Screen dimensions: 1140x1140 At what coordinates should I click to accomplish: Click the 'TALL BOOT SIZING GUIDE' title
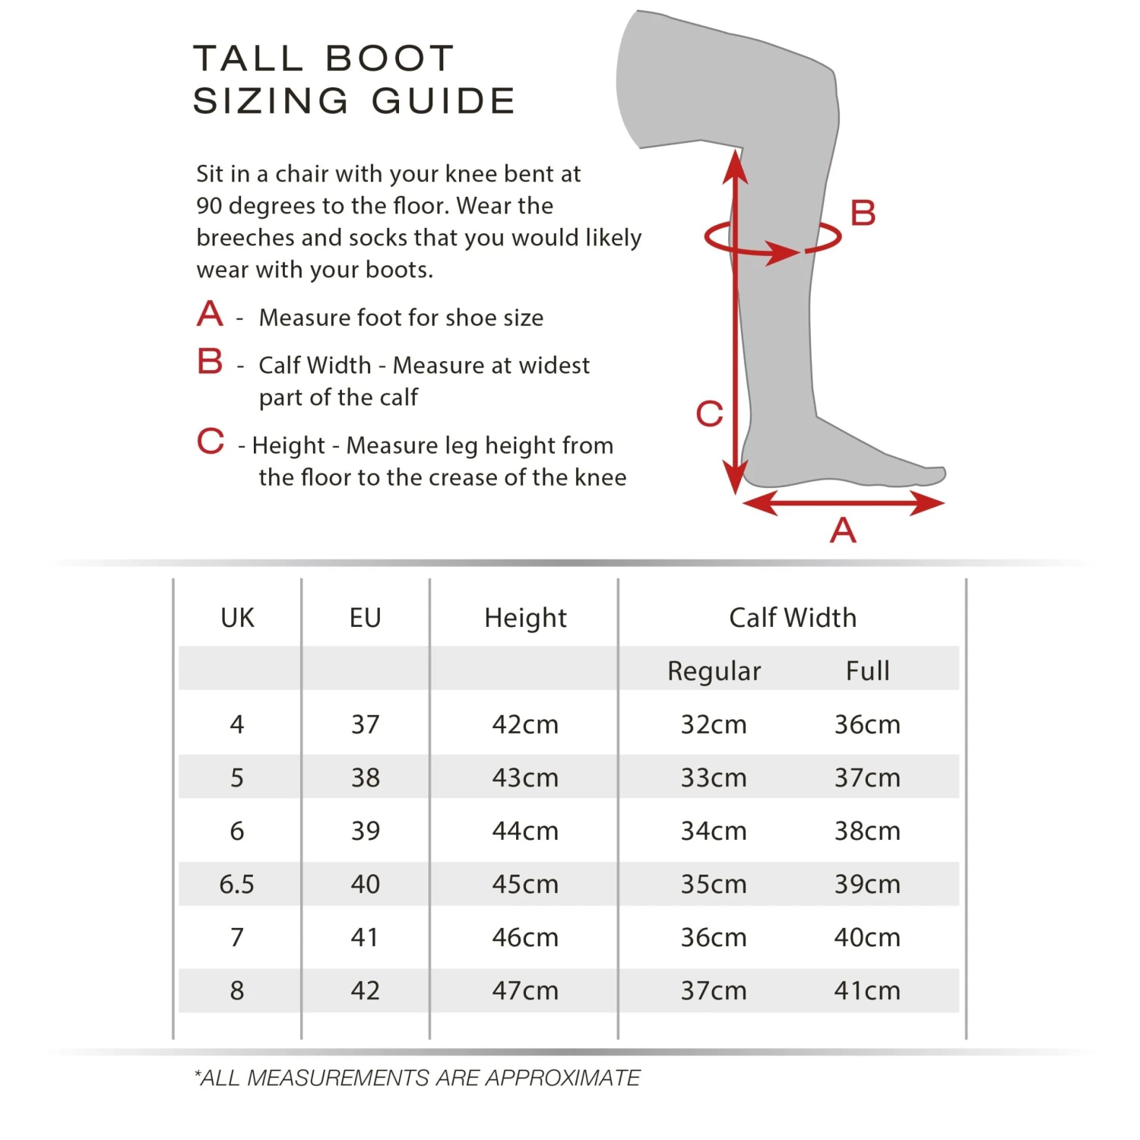[x=354, y=80]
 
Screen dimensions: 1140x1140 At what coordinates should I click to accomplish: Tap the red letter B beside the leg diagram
[x=863, y=213]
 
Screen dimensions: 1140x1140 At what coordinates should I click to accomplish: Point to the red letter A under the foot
[x=843, y=530]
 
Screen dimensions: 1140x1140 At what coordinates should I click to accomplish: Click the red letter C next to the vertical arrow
[x=709, y=414]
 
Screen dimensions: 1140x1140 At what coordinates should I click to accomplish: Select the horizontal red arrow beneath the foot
[x=844, y=502]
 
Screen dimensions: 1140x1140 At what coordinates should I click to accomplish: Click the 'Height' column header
[x=525, y=618]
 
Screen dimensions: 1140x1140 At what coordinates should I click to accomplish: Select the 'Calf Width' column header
[x=792, y=618]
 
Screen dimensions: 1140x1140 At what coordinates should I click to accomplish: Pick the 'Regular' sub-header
[x=714, y=671]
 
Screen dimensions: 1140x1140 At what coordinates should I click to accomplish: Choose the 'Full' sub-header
[x=867, y=671]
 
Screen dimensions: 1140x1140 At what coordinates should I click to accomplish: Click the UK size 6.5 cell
[x=236, y=884]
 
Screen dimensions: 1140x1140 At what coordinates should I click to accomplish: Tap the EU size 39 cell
[x=365, y=831]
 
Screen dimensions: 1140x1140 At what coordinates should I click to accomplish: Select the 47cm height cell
[x=525, y=990]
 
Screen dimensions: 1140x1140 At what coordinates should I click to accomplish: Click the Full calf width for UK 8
[x=867, y=990]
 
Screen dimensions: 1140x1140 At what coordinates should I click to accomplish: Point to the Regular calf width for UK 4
[x=714, y=724]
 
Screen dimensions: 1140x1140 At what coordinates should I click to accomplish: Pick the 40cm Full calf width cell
[x=867, y=937]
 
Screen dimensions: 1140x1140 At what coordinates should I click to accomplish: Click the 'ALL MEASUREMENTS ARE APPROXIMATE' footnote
[x=417, y=1078]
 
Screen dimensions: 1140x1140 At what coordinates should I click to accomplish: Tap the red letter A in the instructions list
[x=210, y=314]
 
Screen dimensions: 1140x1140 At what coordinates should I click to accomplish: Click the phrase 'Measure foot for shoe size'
[x=401, y=318]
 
